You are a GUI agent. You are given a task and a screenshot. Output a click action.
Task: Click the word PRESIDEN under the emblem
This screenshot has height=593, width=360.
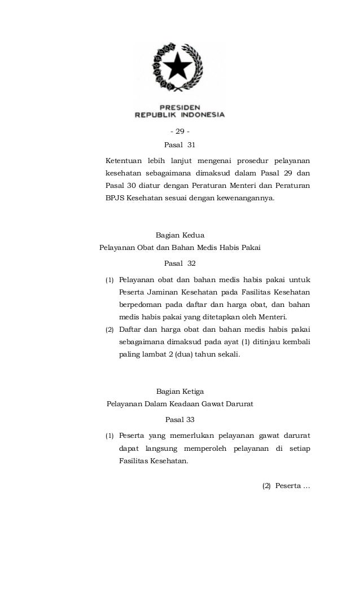[179, 106]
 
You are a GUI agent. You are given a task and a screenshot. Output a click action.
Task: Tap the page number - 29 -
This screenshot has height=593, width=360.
[179, 131]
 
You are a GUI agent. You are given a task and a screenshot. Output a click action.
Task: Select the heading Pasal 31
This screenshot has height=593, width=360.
[179, 145]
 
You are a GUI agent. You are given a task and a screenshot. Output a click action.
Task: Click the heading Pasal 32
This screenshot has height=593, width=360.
[179, 263]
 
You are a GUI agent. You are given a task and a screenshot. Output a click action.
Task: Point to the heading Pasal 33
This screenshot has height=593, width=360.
[179, 420]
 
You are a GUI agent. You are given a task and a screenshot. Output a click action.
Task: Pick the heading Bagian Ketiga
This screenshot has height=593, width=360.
[179, 391]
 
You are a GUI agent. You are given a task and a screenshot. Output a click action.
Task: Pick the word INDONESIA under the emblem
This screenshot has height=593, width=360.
[203, 114]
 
